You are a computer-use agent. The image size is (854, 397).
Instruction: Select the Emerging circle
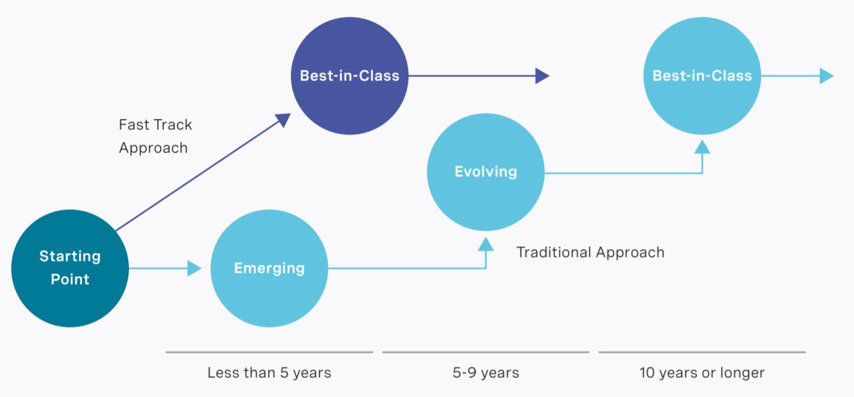(269, 268)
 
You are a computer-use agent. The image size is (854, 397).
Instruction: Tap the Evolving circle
(486, 172)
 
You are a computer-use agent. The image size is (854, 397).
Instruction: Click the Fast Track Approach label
(155, 136)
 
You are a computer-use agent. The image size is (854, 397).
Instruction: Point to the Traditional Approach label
(590, 252)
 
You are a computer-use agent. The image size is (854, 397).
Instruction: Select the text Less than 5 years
(269, 373)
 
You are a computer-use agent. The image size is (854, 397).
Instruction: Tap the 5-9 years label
(486, 373)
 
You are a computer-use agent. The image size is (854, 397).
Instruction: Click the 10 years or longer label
(702, 373)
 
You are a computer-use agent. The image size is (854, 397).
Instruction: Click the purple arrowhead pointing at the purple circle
(284, 120)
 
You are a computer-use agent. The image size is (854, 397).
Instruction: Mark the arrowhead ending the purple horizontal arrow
(542, 76)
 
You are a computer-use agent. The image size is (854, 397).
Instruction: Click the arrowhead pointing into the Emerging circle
(194, 268)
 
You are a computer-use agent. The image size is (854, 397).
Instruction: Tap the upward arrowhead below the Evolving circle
(486, 244)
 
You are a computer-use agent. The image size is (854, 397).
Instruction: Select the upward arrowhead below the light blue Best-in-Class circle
(702, 147)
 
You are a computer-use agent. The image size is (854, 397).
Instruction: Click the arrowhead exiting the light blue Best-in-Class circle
(826, 76)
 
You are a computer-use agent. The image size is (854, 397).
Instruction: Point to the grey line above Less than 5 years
(269, 352)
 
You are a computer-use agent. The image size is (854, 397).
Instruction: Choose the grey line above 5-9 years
(486, 352)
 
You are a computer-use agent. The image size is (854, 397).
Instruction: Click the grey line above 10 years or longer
(702, 352)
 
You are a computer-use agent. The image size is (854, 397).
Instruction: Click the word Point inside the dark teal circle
(70, 279)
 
